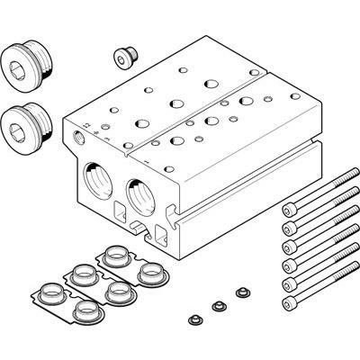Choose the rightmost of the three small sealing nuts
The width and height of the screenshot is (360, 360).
point(239,292)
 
